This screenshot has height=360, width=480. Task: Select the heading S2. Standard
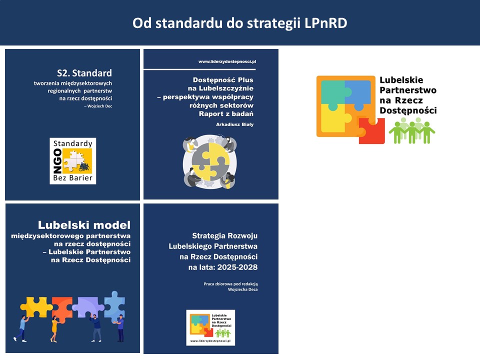pyautogui.click(x=84, y=73)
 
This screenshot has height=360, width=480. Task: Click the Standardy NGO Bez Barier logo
pyautogui.click(x=73, y=160)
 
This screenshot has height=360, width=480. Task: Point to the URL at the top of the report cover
pyautogui.click(x=227, y=61)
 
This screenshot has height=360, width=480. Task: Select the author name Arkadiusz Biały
pyautogui.click(x=234, y=124)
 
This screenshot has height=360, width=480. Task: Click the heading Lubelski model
pyautogui.click(x=84, y=225)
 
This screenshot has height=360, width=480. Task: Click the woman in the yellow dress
pyautogui.click(x=54, y=327)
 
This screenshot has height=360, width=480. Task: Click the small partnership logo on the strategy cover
pyautogui.click(x=210, y=327)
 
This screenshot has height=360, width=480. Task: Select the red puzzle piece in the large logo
pyautogui.click(x=371, y=131)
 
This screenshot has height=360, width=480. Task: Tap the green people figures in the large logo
pyautogui.click(x=411, y=131)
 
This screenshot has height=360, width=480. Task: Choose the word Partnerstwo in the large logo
pyautogui.click(x=408, y=90)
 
